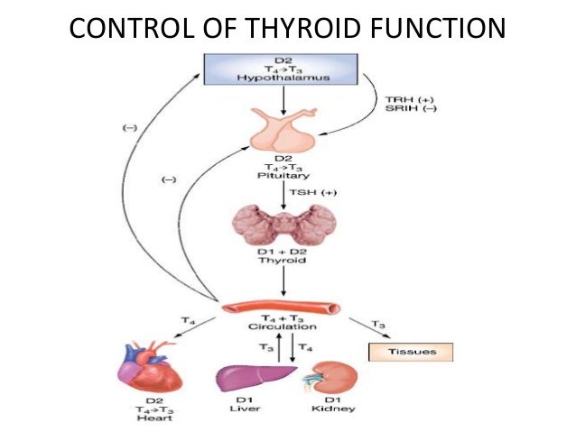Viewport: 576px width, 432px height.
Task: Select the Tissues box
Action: click(412, 352)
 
